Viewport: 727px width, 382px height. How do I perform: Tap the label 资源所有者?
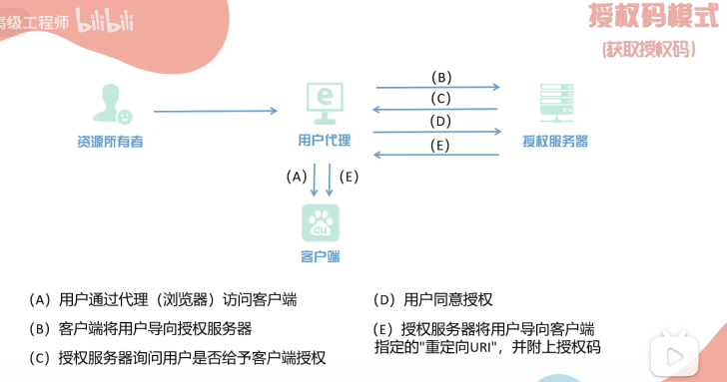110,142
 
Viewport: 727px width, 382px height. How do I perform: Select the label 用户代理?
323,141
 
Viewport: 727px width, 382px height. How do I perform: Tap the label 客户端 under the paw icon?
321,257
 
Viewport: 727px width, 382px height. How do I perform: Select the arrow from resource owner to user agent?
215,111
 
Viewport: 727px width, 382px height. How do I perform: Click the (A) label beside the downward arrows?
295,177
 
